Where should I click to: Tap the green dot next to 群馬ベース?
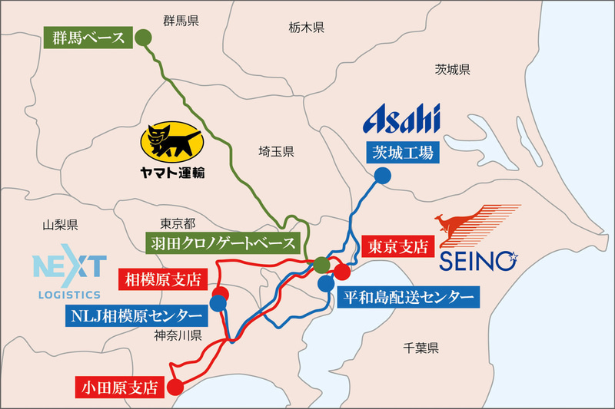coord(142,37)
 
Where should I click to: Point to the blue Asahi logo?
coord(402,119)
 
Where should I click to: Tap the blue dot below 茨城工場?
coord(382,176)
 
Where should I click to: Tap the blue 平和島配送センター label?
coord(407,295)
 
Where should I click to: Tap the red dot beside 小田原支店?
coord(176,387)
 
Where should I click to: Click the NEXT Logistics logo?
coord(69,276)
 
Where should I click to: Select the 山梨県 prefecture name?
coord(61,225)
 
